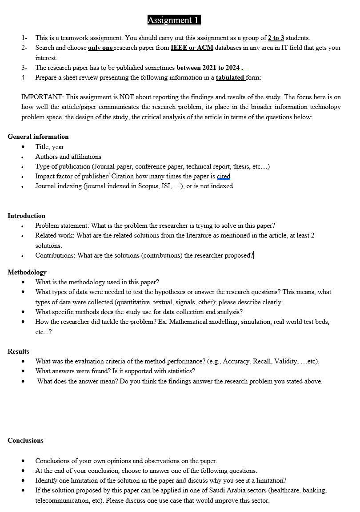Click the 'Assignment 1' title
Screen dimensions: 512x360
tap(174, 20)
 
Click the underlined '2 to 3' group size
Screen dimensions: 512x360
tap(276, 38)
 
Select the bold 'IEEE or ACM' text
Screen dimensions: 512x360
tap(192, 48)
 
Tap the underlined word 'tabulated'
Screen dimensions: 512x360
tap(230, 77)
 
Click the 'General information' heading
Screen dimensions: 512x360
tap(38, 137)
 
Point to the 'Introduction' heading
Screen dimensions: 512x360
tap(26, 216)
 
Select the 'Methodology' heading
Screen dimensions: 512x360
tap(27, 272)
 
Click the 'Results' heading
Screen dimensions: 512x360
tap(18, 351)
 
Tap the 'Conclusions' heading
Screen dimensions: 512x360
tap(25, 440)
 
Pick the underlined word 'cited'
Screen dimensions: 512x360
tap(224, 176)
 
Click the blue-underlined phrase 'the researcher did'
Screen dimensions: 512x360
tap(75, 322)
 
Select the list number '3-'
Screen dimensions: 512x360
tap(24, 68)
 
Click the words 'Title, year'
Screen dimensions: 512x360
tap(50, 147)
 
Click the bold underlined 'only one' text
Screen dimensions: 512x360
tap(101, 48)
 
